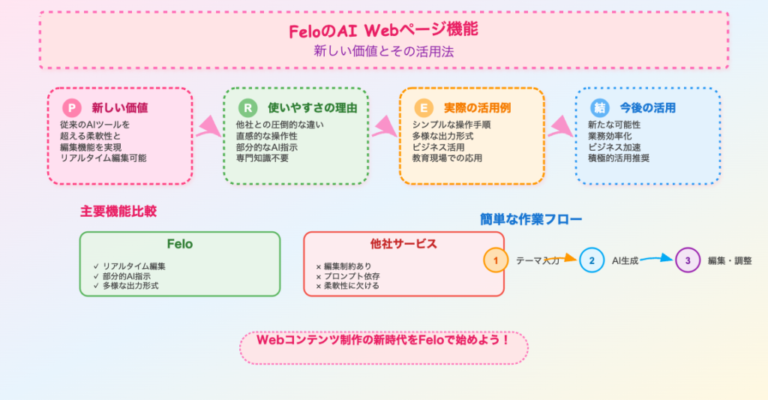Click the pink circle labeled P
72,108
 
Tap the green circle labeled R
247,108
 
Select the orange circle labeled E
424,108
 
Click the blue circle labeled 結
599,108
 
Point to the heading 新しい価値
120,108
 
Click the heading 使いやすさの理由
313,108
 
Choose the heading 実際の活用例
478,108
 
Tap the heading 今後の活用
648,108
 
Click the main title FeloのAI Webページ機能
383,30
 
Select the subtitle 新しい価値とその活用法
383,51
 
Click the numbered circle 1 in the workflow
496,260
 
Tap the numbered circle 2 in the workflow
592,260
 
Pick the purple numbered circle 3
688,260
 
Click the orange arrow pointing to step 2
561,258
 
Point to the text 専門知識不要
262,158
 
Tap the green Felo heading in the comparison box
180,244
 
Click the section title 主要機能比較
118,212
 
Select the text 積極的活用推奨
619,158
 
